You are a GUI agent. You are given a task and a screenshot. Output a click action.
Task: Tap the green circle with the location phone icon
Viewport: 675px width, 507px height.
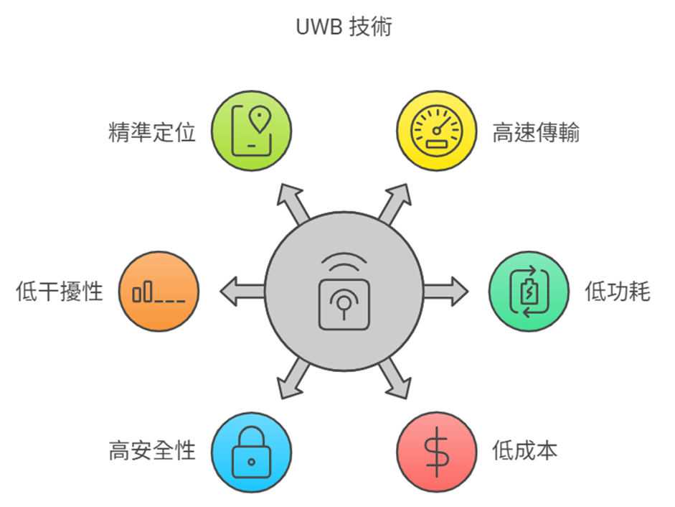coord(252,131)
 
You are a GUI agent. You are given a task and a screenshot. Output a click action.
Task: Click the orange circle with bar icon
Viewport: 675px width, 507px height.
coord(159,292)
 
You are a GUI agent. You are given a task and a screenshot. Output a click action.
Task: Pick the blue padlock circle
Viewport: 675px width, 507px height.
coord(252,452)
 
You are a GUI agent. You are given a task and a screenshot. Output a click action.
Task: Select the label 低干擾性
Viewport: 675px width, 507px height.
coord(60,292)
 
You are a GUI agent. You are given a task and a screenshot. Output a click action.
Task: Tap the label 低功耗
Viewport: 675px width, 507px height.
coord(618,292)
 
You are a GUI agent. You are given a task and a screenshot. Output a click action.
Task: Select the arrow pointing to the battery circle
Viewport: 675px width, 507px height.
coord(446,292)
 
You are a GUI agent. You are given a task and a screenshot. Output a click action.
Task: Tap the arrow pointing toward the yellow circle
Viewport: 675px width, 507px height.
coord(395,202)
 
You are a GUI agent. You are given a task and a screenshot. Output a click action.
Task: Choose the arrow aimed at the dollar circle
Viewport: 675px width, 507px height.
coord(395,380)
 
